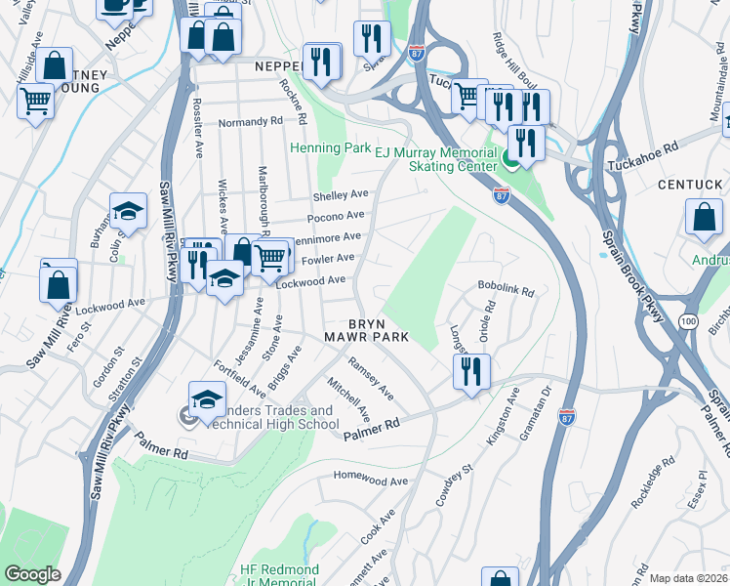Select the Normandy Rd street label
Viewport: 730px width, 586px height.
[x=250, y=122]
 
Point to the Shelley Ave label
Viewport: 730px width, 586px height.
[x=341, y=194]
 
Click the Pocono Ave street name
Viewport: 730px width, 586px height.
[x=336, y=216]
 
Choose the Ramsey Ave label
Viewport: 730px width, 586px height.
[x=372, y=378]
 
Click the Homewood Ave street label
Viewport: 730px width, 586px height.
[x=370, y=481]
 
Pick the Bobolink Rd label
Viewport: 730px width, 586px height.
[x=507, y=290]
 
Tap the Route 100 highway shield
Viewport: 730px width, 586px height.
[x=689, y=320]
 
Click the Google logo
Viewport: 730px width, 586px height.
[x=32, y=573]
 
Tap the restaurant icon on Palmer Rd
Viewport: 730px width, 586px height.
[x=471, y=371]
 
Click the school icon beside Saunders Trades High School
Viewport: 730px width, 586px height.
[x=206, y=398]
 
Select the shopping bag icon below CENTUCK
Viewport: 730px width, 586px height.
[x=704, y=219]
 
